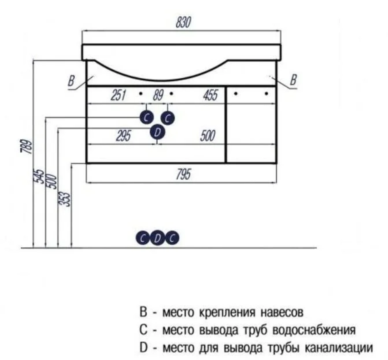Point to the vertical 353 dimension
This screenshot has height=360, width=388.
tap(66, 198)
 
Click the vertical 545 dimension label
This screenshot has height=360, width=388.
tap(40, 178)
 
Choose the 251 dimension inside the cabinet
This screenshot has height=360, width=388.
tap(119, 95)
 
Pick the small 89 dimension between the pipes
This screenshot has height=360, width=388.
tap(157, 95)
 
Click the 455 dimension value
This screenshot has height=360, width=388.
tap(210, 95)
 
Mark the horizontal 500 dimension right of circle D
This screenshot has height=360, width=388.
tap(207, 135)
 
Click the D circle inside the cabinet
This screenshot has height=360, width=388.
tap(157, 133)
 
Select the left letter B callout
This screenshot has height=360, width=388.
tap(71, 81)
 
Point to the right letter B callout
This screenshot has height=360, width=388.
tap(293, 80)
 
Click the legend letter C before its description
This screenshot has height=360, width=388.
tap(143, 329)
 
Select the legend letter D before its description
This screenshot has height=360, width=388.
tap(143, 347)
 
